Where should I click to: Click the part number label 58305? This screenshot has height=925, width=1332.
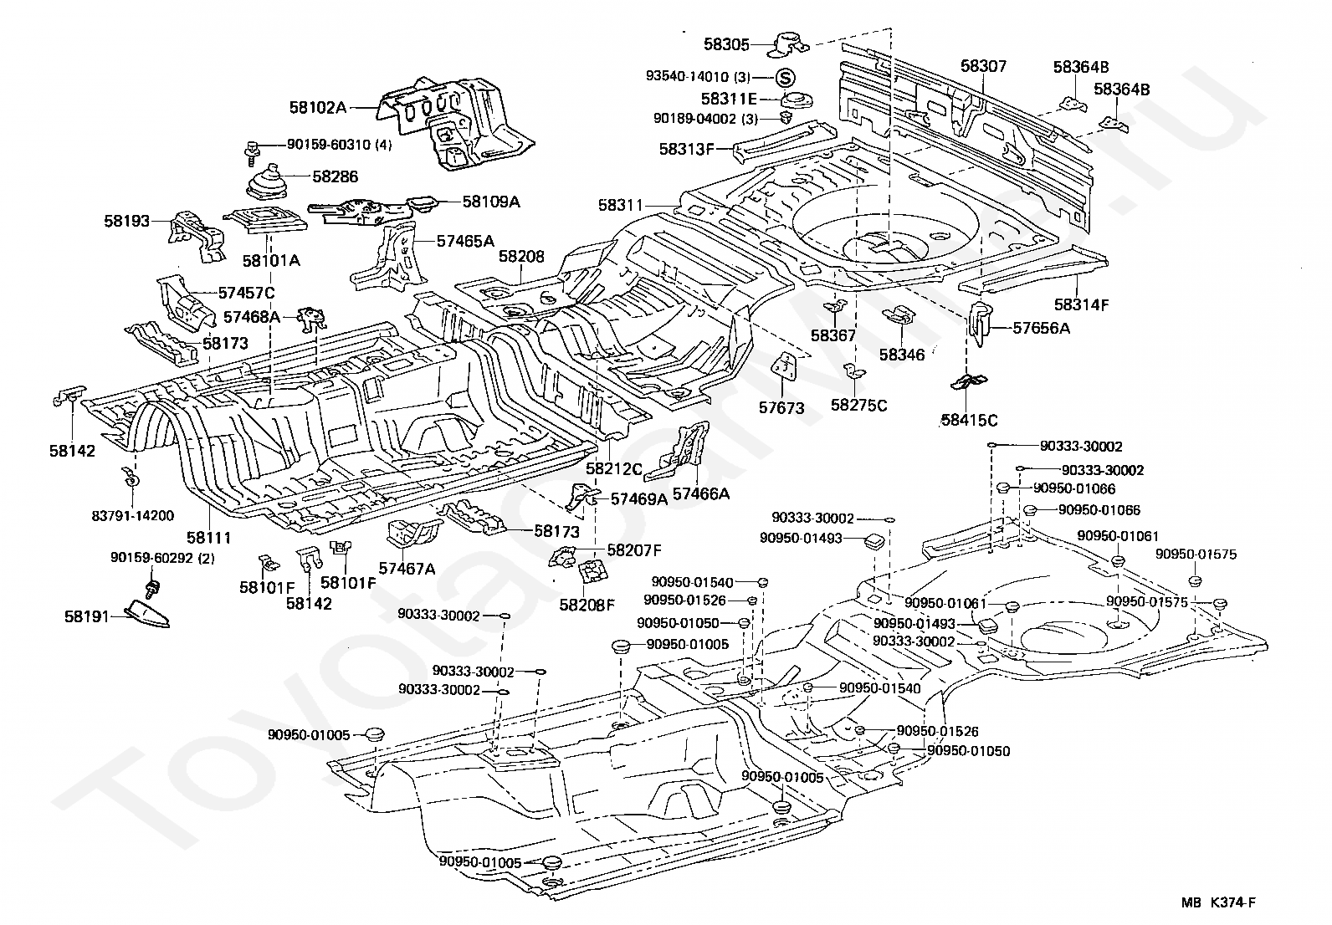[726, 44]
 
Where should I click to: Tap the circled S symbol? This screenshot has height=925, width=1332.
[785, 77]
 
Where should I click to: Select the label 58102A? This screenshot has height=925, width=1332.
[318, 108]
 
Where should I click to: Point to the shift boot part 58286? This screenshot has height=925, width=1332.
[273, 184]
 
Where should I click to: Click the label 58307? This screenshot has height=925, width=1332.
[984, 66]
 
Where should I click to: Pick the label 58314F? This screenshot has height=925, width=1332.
[1081, 305]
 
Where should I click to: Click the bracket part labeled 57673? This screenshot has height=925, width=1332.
[785, 370]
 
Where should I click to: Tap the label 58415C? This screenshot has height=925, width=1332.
[969, 421]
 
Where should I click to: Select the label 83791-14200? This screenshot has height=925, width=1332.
[132, 516]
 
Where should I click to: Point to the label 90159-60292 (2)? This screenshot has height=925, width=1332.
[162, 558]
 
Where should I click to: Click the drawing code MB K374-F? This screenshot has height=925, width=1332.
[1218, 902]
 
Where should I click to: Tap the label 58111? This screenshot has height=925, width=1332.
[208, 538]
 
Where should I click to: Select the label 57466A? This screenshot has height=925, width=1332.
[700, 494]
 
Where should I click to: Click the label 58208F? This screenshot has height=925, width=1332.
[587, 605]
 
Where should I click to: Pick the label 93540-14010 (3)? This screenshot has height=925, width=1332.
[698, 77]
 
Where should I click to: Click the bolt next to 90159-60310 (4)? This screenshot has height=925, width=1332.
[252, 153]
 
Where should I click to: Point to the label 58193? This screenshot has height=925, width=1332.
[126, 221]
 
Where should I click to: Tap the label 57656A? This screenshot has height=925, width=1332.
[1041, 328]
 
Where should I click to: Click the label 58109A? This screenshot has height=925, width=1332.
[491, 202]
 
